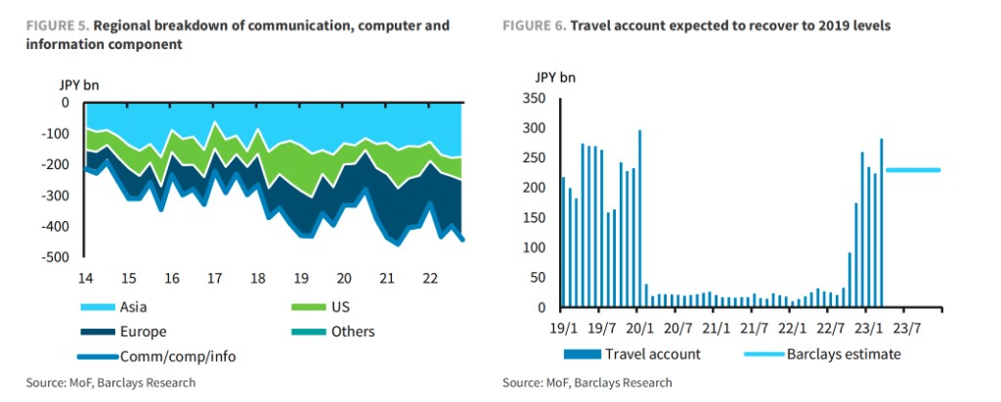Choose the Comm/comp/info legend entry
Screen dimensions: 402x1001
(x=177, y=356)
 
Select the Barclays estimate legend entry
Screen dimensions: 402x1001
(x=843, y=354)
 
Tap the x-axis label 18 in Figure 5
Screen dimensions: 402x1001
(x=257, y=277)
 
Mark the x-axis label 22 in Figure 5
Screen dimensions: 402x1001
(x=430, y=277)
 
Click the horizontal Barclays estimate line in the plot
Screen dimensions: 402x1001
(x=913, y=170)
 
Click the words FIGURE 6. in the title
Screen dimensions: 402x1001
(x=534, y=25)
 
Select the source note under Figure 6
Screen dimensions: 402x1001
(x=587, y=382)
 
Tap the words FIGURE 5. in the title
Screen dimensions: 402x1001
(x=45, y=25)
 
